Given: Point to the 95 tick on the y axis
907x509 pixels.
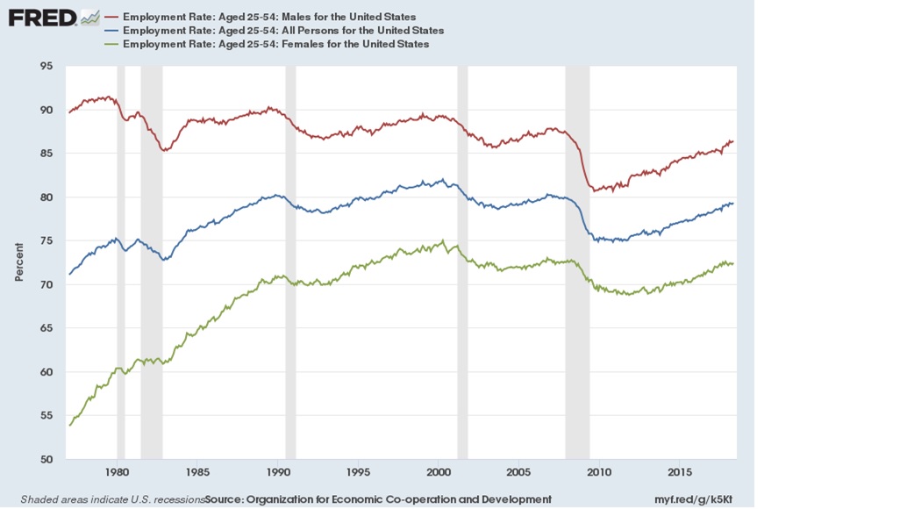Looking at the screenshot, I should pos(47,66).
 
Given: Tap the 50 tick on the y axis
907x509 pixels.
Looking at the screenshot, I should pos(47,460).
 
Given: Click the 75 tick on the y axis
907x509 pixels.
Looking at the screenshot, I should pos(47,241).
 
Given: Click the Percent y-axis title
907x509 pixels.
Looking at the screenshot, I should pos(18,262).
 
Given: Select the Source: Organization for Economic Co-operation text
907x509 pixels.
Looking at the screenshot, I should pos(378,498).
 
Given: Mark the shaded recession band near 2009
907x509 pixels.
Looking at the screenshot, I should pos(577,263).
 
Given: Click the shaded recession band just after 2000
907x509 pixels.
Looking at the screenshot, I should pos(462,263).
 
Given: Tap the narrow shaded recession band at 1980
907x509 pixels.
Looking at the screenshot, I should pos(121,263).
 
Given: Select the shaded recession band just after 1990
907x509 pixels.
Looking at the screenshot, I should pos(290,263).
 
